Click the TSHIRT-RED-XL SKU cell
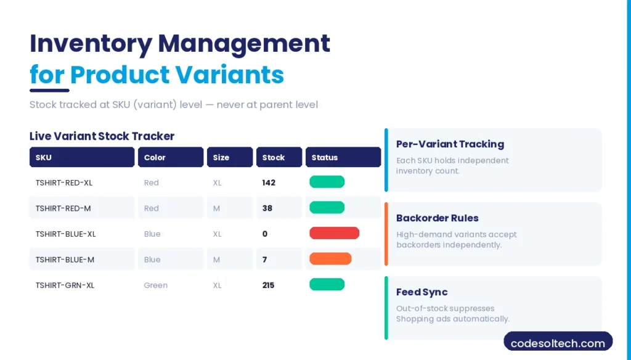64,182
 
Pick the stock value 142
269,182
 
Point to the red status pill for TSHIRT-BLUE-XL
334,233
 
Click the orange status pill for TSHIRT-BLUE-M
330,259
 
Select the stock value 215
269,285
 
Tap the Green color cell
156,285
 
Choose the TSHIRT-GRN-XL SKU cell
65,285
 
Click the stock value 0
265,234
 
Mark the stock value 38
267,208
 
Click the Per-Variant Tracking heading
450,144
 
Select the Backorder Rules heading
438,218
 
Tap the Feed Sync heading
422,292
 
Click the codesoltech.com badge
558,343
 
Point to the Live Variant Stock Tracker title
102,136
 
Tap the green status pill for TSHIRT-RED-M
327,208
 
